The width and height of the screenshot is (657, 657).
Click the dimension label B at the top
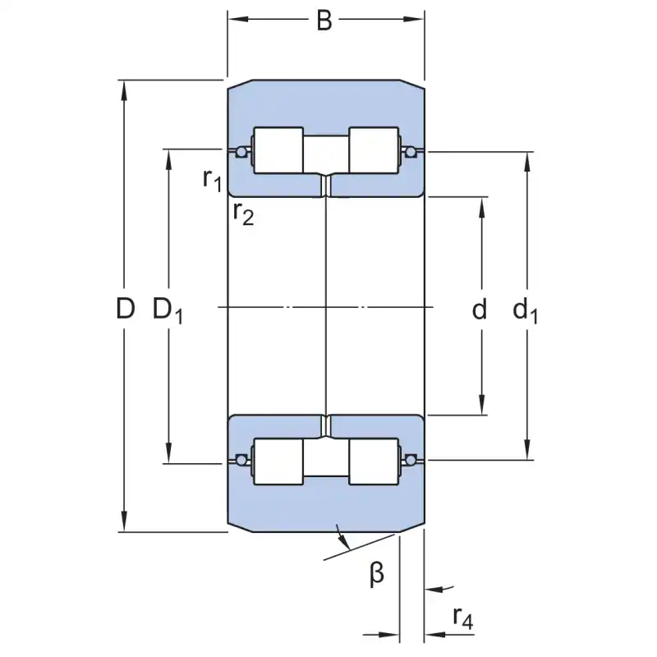324,21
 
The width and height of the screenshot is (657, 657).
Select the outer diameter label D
125,310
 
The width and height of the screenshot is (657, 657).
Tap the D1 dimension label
168,310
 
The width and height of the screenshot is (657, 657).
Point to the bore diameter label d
480,310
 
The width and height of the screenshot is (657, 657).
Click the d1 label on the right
526,310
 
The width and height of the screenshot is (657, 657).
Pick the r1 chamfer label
212,178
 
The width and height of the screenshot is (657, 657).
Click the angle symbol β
377,574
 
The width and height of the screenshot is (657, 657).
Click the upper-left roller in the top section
278,150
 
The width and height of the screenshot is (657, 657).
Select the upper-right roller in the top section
374,150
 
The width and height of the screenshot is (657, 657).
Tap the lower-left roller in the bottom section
278,464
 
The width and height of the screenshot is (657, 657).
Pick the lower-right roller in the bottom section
374,464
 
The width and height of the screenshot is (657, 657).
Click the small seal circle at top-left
241,151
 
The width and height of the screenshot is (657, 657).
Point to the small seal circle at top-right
411,151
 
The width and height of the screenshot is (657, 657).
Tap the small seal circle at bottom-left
241,458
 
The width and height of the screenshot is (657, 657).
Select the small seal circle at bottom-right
411,458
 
